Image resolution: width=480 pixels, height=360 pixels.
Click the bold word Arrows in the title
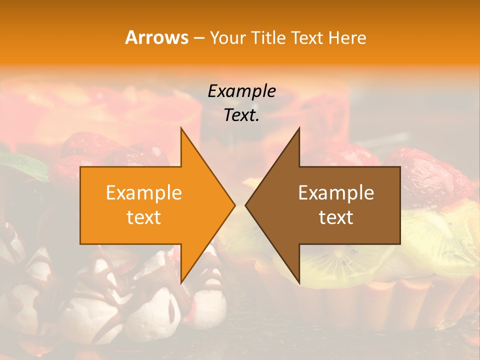156,37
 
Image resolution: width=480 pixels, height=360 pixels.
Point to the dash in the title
198,38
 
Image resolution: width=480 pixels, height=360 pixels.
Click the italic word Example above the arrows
241,91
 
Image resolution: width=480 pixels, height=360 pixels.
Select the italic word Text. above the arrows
241,115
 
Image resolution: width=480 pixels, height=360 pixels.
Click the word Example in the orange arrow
144,192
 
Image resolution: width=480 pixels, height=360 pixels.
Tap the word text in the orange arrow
144,217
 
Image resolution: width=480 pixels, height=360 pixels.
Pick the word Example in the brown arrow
336,192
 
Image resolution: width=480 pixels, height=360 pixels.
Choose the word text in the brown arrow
336,217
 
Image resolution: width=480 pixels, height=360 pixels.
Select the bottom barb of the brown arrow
298,279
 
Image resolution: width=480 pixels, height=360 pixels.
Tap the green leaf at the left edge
20,165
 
